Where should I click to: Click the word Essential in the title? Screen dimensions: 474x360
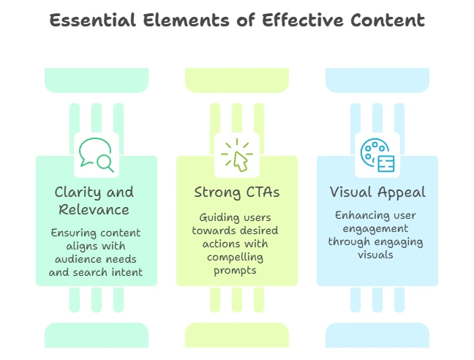[x=92, y=20]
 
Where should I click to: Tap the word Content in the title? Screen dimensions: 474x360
[x=388, y=20]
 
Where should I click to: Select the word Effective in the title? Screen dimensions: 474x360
[x=303, y=20]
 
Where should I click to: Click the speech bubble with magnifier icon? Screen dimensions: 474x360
[x=97, y=155]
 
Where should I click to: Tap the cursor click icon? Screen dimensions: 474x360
[x=237, y=155]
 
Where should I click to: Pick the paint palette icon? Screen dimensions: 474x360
[x=377, y=155]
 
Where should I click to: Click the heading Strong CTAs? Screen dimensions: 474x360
[x=237, y=192]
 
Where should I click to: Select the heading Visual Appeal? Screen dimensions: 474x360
[x=377, y=192]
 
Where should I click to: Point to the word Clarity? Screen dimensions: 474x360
[x=78, y=192]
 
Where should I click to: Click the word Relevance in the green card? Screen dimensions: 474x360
[x=94, y=209]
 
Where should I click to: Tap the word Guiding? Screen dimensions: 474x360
[x=215, y=217]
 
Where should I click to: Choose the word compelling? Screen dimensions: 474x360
[x=235, y=258]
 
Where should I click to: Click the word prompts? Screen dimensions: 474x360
[x=235, y=271]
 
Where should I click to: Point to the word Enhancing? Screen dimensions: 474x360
[x=358, y=216]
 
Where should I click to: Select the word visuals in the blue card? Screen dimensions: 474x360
[x=375, y=255]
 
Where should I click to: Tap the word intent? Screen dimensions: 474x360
[x=127, y=272]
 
